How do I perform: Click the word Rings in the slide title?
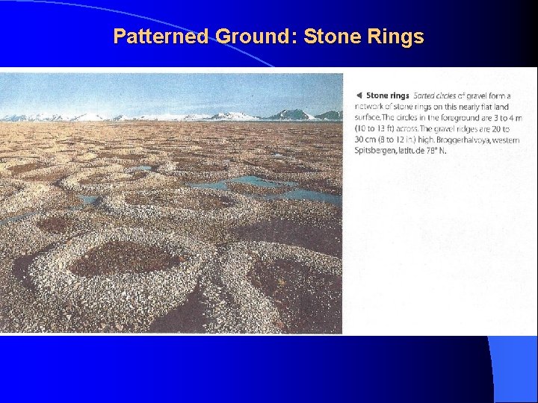coord(397,37)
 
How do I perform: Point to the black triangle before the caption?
coord(359,96)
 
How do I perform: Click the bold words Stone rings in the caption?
coord(388,96)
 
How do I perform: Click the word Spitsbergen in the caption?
coord(376,150)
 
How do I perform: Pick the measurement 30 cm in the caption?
coord(365,140)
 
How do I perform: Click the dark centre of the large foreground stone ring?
coord(123,257)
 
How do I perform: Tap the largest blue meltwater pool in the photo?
coord(254,184)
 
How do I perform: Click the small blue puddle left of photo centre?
coord(88,200)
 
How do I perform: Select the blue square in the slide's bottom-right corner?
coord(516,369)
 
